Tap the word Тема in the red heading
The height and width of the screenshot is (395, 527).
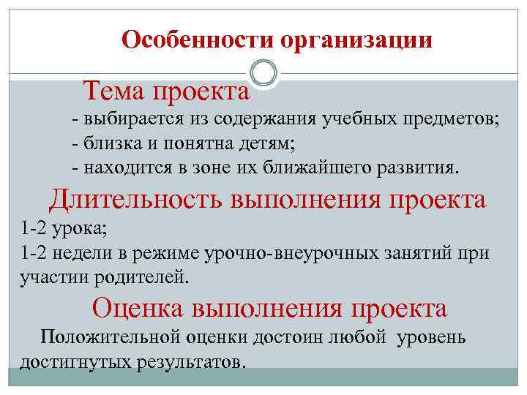tap(115, 92)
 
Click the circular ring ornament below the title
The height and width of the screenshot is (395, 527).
tap(263, 73)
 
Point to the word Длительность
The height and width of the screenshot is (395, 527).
tap(137, 199)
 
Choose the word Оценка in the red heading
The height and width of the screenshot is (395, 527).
tap(140, 308)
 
